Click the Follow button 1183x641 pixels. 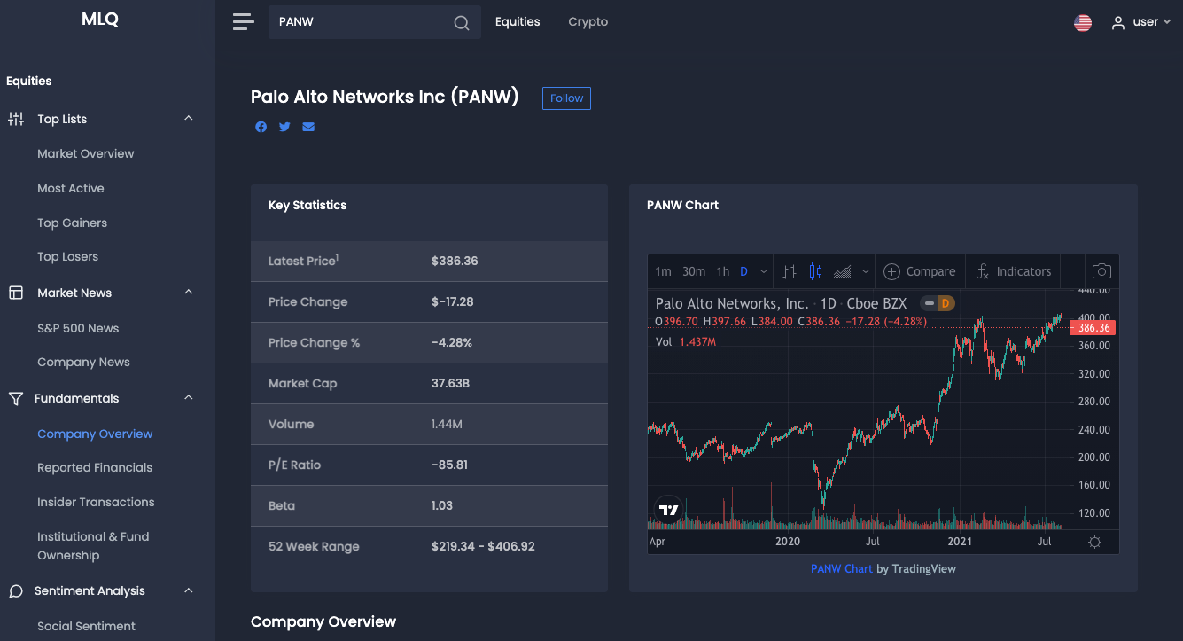coord(566,98)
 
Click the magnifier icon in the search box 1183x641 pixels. coord(462,23)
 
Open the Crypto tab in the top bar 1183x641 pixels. coord(588,22)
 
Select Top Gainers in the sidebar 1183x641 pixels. coord(72,223)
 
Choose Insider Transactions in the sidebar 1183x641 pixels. coord(96,502)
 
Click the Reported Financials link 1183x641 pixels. coord(95,467)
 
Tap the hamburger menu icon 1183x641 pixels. coord(243,22)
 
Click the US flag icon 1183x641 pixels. coord(1082,23)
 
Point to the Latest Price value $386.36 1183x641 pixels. coord(455,262)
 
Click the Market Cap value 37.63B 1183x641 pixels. coord(451,384)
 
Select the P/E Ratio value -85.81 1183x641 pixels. coord(449,465)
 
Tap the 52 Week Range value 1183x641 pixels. coord(483,547)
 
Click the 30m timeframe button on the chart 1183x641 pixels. coord(694,272)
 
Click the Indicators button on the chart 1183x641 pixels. coord(1014,272)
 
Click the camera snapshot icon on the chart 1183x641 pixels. coord(1101,272)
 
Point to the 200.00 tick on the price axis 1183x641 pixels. coord(1092,457)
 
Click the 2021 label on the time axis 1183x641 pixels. coord(960,542)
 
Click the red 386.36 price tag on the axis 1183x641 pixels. coord(1093,328)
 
